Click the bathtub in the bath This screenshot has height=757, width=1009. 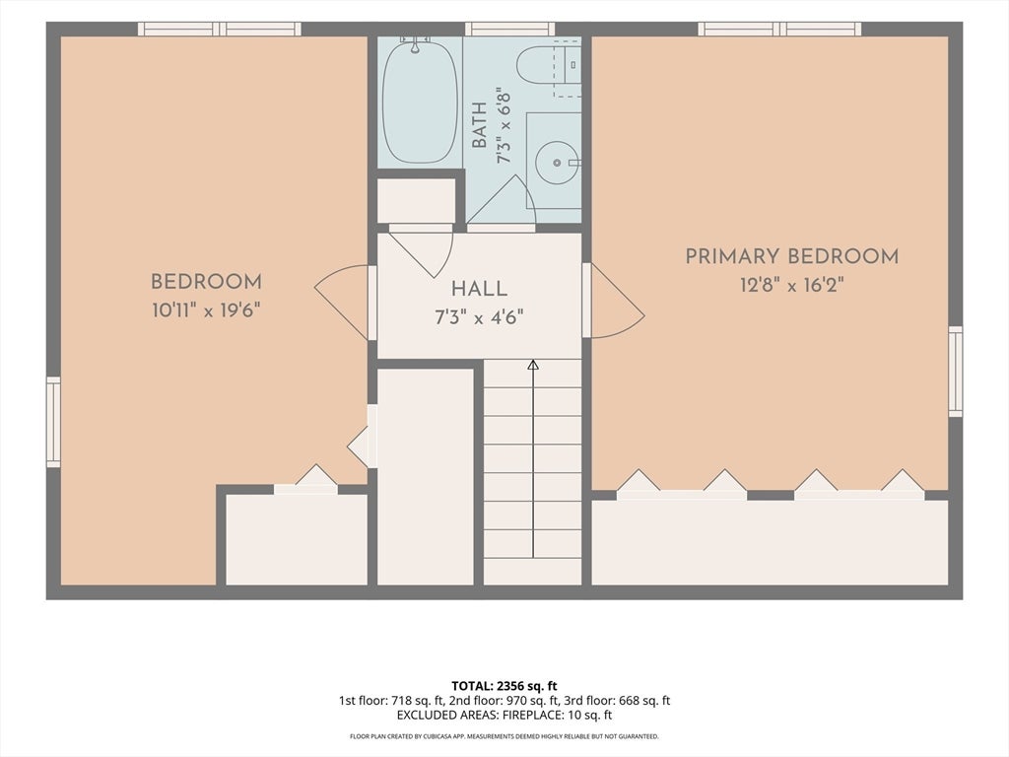(420, 102)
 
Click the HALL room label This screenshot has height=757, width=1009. (479, 289)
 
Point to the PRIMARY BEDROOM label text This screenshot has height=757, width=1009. (791, 256)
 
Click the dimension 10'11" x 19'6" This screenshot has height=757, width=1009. (206, 310)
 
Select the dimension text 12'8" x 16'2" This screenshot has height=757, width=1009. (791, 285)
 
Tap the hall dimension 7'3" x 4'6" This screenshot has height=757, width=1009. (479, 317)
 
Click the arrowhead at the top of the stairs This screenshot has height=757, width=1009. (533, 365)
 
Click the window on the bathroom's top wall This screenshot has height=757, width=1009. (509, 29)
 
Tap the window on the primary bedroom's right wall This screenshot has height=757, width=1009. (956, 371)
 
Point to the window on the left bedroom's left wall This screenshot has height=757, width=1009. (53, 422)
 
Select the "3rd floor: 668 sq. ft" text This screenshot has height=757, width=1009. (617, 701)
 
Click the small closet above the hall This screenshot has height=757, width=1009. (416, 201)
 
